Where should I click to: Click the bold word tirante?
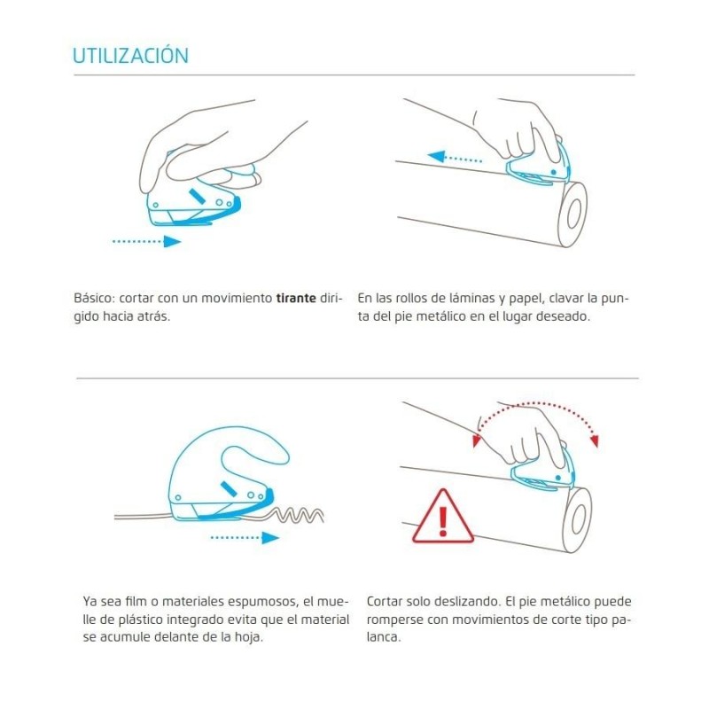[x=296, y=298]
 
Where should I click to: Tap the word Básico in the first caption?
[x=94, y=298]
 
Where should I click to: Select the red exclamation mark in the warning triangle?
[x=443, y=520]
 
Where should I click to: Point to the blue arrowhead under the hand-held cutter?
[x=172, y=241]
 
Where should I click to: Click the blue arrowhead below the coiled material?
[x=270, y=538]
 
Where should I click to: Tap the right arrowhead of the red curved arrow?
[x=595, y=440]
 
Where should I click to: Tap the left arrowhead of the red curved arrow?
[x=476, y=440]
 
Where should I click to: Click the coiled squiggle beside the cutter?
[x=299, y=515]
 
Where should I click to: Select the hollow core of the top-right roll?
[x=573, y=212]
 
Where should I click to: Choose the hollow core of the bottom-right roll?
[x=579, y=519]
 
